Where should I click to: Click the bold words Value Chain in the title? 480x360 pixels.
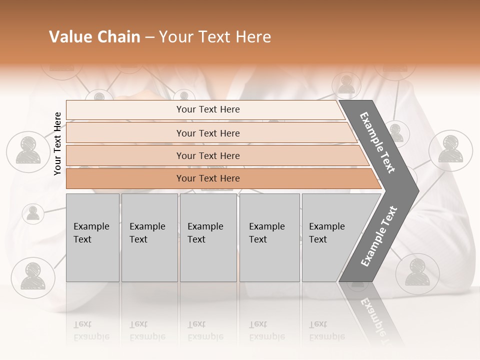click(94, 37)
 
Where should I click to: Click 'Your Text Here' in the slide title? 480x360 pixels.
click(215, 37)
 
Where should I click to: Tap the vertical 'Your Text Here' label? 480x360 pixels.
click(57, 143)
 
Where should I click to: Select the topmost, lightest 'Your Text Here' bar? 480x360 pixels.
click(207, 109)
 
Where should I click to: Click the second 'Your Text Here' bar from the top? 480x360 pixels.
click(207, 133)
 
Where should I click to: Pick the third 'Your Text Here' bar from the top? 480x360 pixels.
click(207, 155)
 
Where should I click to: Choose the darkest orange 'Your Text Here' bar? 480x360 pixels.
click(207, 178)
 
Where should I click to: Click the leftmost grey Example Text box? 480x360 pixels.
click(92, 237)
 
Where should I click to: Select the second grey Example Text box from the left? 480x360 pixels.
click(149, 237)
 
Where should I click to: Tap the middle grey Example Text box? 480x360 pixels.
click(208, 237)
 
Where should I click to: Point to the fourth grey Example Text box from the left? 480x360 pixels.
click(269, 237)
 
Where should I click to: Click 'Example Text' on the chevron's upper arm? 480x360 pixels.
click(377, 142)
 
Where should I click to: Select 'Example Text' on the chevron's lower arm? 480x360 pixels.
click(378, 236)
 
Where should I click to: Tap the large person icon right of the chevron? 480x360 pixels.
click(451, 150)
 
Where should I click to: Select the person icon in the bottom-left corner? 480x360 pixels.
click(33, 275)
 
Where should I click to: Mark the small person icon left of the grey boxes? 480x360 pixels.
click(33, 213)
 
